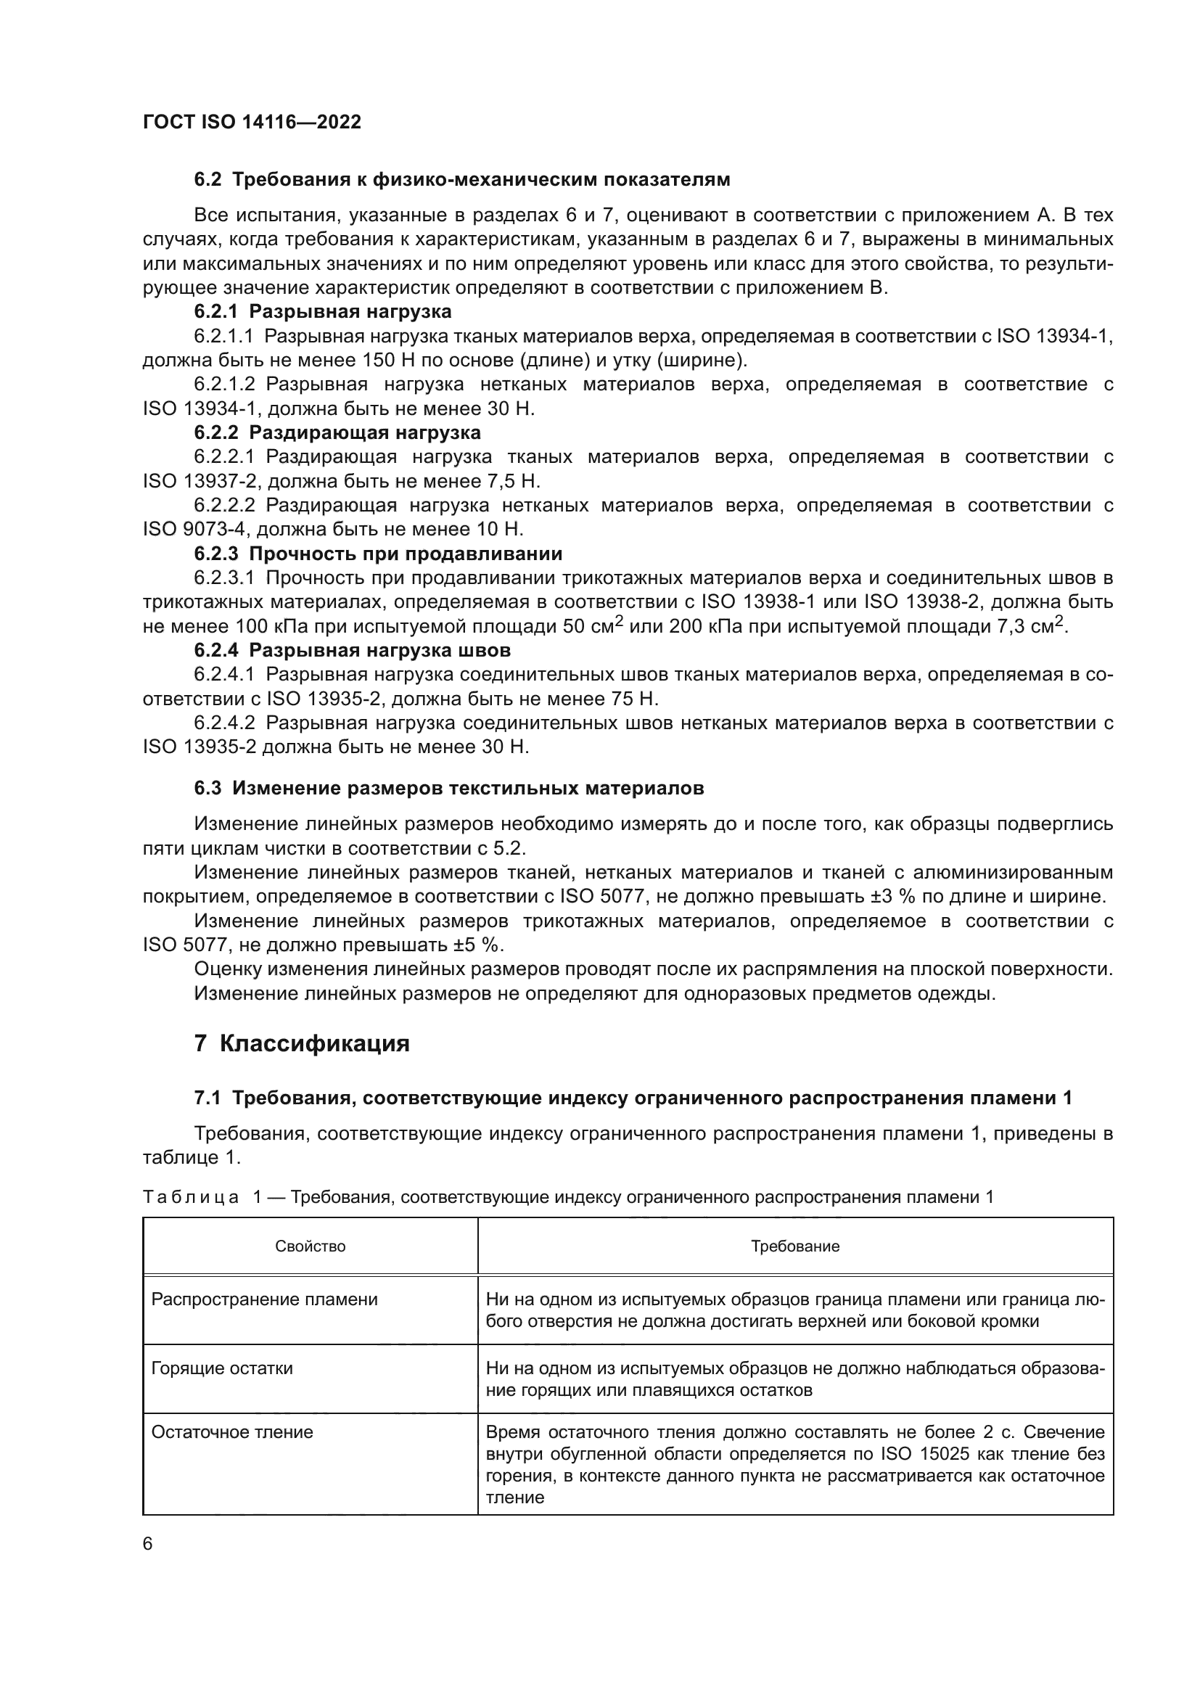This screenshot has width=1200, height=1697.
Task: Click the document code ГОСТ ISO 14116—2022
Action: [x=252, y=122]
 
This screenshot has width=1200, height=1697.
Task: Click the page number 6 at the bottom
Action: [x=148, y=1544]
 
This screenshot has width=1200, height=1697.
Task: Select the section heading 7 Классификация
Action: [x=302, y=1043]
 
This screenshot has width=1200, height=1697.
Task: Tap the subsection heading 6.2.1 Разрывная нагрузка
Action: [x=322, y=311]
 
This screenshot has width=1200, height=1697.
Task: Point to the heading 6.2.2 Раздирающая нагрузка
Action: [x=337, y=432]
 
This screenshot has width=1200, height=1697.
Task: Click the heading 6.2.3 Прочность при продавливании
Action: [x=377, y=554]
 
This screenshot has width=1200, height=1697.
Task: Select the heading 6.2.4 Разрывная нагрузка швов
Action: [x=353, y=650]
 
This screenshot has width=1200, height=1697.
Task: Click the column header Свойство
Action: [x=311, y=1246]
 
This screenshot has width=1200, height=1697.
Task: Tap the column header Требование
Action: [x=795, y=1246]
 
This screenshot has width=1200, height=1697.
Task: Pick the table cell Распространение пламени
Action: [x=265, y=1299]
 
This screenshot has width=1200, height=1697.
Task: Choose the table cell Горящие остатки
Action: [x=223, y=1368]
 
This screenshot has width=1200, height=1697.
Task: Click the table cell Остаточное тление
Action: [x=232, y=1431]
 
